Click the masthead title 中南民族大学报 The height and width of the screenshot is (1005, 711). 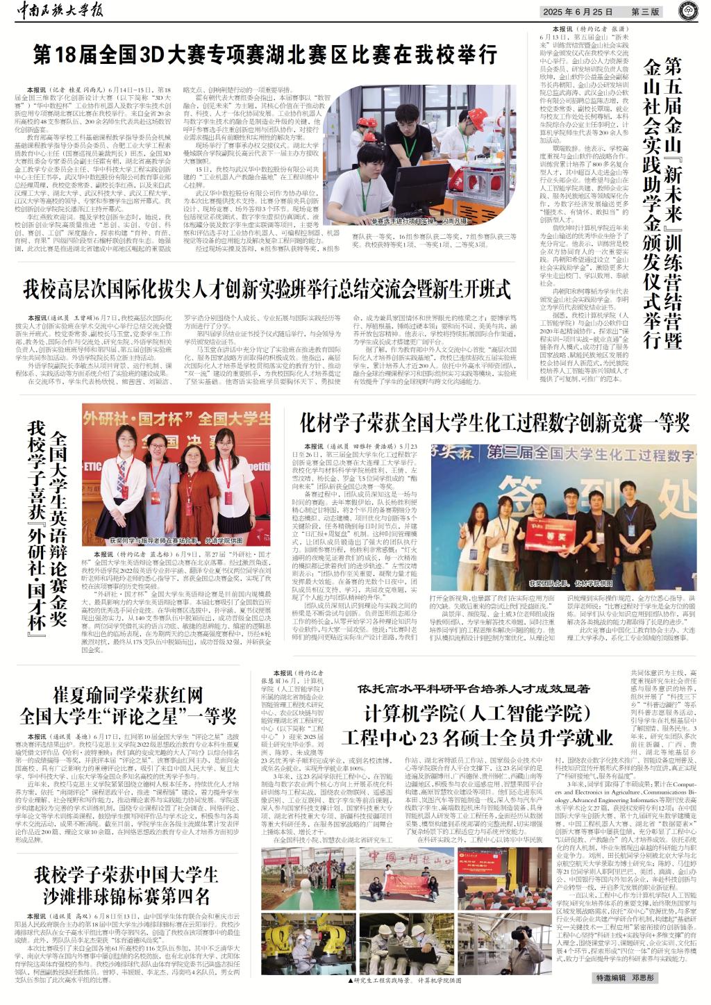click(x=63, y=11)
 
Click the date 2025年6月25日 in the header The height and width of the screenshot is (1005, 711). click(x=579, y=12)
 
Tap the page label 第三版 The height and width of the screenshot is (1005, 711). click(x=645, y=12)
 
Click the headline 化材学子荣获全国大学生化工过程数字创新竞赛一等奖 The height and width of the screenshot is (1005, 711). click(x=494, y=422)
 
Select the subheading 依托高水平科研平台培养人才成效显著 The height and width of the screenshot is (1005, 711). click(x=474, y=688)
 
